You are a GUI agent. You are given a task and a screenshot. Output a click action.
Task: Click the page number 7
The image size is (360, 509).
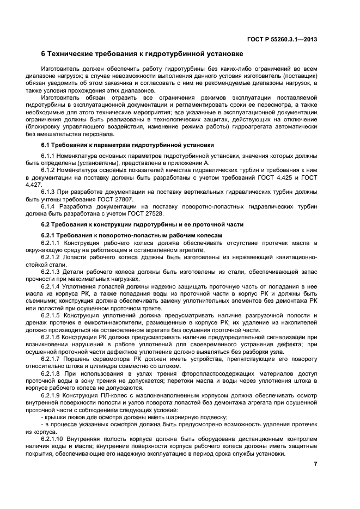[315, 464]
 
